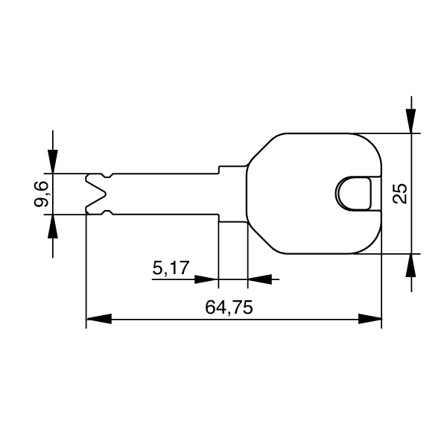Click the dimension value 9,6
pyautogui.click(x=42, y=194)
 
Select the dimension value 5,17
pyautogui.click(x=170, y=267)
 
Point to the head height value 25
pyautogui.click(x=400, y=194)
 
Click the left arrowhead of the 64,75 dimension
pyautogui.click(x=98, y=319)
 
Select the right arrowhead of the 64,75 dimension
pyautogui.click(x=370, y=319)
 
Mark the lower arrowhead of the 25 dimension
pyautogui.click(x=410, y=266)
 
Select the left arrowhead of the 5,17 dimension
pyautogui.click(x=206, y=280)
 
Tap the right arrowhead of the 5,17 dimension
pyautogui.click(x=259, y=280)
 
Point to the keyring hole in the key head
pyautogui.click(x=353, y=194)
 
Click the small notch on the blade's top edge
pyautogui.click(x=110, y=176)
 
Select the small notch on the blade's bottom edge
pyautogui.click(x=110, y=213)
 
